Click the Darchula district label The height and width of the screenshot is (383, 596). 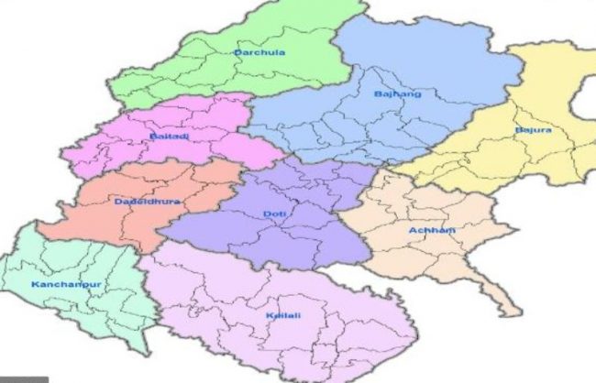tap(259, 53)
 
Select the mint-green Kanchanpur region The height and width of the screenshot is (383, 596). tap(83, 312)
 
